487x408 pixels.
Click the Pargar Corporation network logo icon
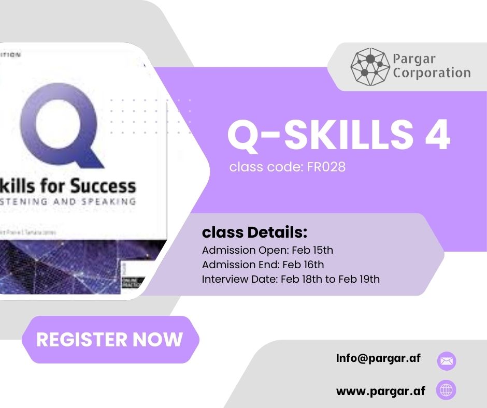[370, 66]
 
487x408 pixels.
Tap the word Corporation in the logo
[431, 72]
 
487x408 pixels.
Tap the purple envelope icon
[447, 361]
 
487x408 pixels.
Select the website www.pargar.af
[380, 391]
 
